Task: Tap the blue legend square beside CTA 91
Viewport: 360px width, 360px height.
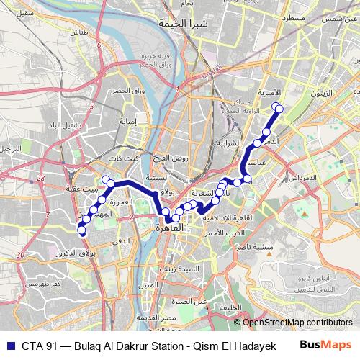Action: (9, 344)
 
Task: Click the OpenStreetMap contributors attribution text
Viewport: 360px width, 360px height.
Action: (297, 323)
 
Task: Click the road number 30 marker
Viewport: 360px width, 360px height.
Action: (22, 254)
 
